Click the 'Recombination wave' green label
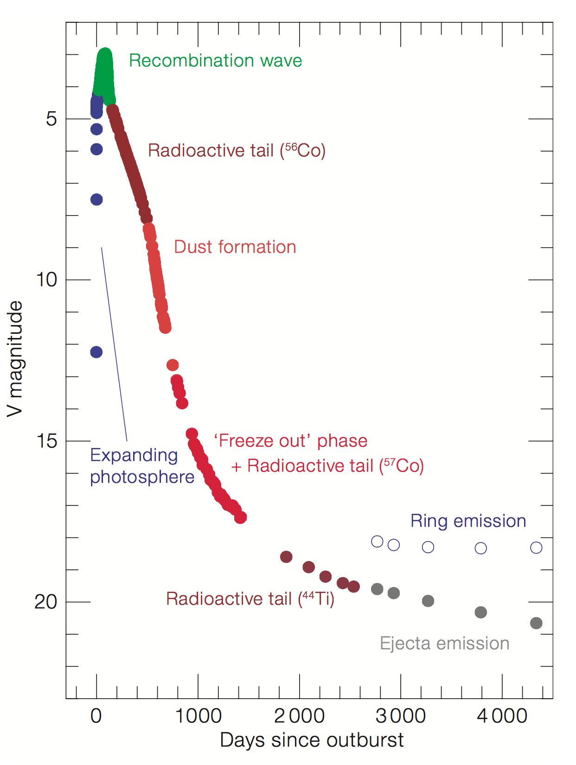pyautogui.click(x=215, y=61)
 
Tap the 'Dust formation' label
pyautogui.click(x=235, y=247)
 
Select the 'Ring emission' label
pyautogui.click(x=468, y=521)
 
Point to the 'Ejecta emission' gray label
pyautogui.click(x=444, y=644)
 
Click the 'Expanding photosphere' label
pyautogui.click(x=141, y=466)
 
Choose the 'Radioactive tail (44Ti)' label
pyautogui.click(x=250, y=599)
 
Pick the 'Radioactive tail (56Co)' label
pyautogui.click(x=237, y=151)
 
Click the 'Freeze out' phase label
pyautogui.click(x=290, y=441)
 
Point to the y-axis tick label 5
pyautogui.click(x=51, y=119)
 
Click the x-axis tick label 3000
pyautogui.click(x=400, y=716)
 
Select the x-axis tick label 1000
pyautogui.click(x=198, y=716)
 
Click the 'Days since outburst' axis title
pyautogui.click(x=312, y=740)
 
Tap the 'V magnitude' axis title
pyautogui.click(x=15, y=359)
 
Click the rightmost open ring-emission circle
pyautogui.click(x=536, y=548)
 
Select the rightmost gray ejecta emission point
pyautogui.click(x=536, y=623)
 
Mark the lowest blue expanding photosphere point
pyautogui.click(x=96, y=352)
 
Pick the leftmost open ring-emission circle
pyautogui.click(x=377, y=542)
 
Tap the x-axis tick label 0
pyautogui.click(x=96, y=716)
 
